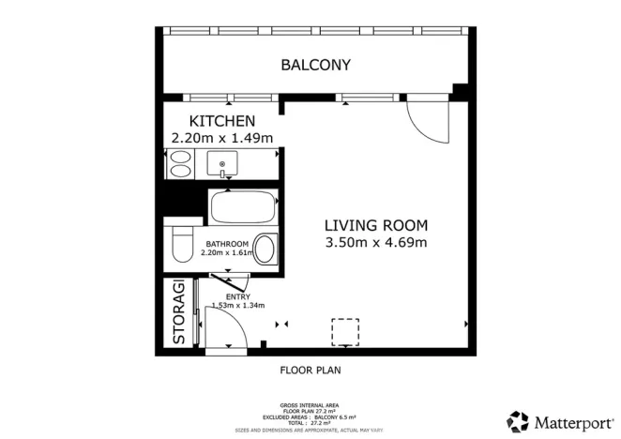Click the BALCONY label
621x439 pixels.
[x=316, y=65]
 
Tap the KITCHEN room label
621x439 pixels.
[x=222, y=121]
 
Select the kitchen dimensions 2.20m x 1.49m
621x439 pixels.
[x=222, y=138]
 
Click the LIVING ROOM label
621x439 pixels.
[x=376, y=225]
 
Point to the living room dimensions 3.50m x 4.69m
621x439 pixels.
[x=376, y=243]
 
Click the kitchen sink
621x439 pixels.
[x=223, y=165]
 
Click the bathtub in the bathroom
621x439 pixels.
[x=243, y=205]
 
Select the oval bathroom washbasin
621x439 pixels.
[x=265, y=250]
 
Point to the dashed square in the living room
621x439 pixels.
[x=345, y=332]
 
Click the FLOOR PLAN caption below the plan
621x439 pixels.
[x=310, y=370]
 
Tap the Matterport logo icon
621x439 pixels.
[x=518, y=420]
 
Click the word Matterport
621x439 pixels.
[x=570, y=420]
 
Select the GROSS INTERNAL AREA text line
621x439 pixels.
[x=310, y=404]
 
